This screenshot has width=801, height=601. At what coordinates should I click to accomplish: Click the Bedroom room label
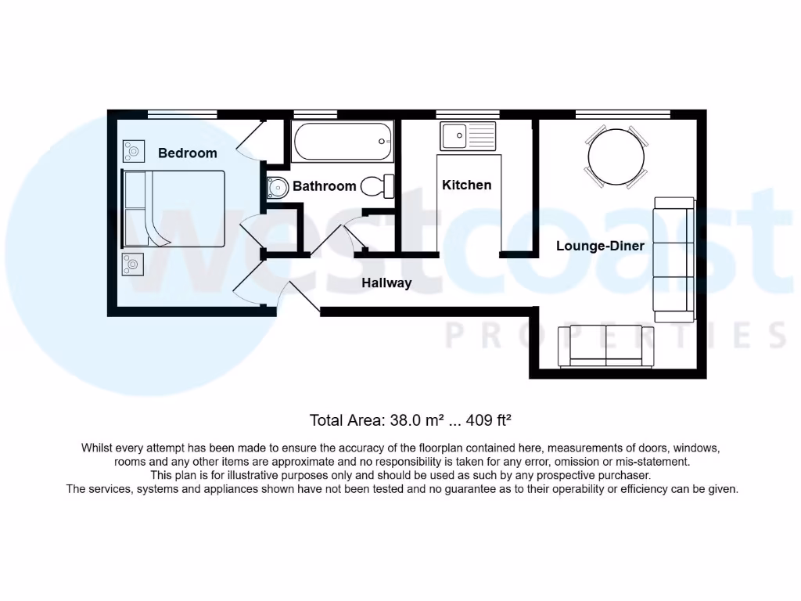click(x=187, y=153)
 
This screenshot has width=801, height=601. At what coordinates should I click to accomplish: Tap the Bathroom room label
click(x=324, y=186)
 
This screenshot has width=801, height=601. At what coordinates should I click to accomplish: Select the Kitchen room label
click(x=467, y=185)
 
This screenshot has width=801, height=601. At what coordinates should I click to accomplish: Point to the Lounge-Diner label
click(x=600, y=246)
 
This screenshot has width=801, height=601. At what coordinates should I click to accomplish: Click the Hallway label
click(x=386, y=283)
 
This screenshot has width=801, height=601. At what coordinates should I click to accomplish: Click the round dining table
click(x=616, y=156)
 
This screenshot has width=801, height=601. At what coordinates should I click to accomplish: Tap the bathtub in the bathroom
click(x=341, y=142)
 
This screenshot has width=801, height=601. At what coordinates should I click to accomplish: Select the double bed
click(x=173, y=209)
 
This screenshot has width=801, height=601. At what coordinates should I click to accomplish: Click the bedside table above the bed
click(x=133, y=149)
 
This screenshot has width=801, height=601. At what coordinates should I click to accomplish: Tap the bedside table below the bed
click(x=133, y=264)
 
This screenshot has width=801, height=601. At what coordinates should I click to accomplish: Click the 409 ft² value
click(x=489, y=420)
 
